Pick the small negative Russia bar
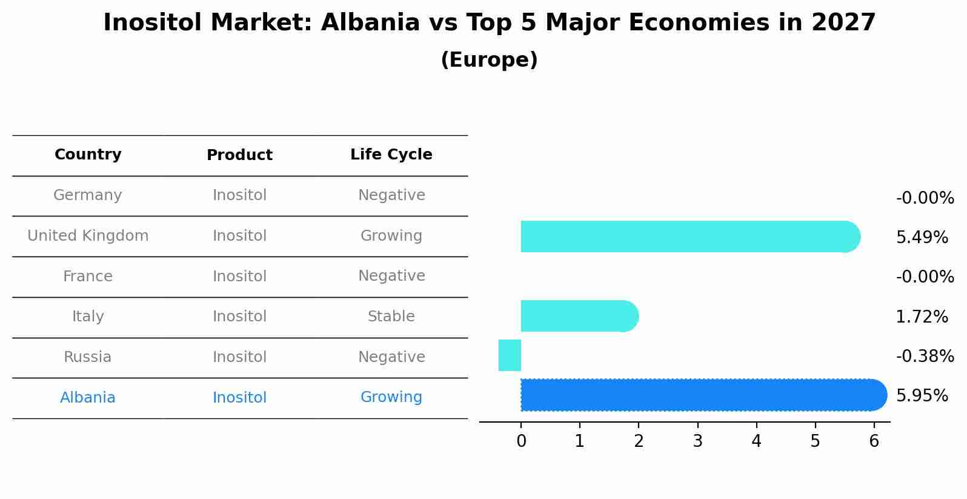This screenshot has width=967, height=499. pyautogui.click(x=510, y=355)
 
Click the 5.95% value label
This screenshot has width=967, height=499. pyautogui.click(x=922, y=396)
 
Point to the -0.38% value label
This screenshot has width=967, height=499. pyautogui.click(x=925, y=357)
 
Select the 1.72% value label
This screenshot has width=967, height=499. pyautogui.click(x=922, y=317)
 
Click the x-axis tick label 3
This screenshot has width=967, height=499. pyautogui.click(x=697, y=441)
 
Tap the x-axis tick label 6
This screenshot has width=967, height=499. pyautogui.click(x=874, y=441)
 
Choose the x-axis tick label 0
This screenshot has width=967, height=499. pyautogui.click(x=521, y=441)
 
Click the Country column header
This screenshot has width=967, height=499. pyautogui.click(x=88, y=155)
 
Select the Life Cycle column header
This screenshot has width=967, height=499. pyautogui.click(x=391, y=155)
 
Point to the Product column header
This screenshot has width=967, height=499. pyautogui.click(x=239, y=155)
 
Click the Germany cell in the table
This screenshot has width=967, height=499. pyautogui.click(x=88, y=195)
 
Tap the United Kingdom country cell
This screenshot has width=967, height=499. pyautogui.click(x=88, y=236)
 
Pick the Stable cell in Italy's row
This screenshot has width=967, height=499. pyautogui.click(x=391, y=316)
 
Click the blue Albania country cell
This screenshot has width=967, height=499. pyautogui.click(x=88, y=398)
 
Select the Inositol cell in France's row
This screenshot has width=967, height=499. pyautogui.click(x=239, y=276)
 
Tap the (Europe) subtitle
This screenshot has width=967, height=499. pyautogui.click(x=489, y=60)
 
